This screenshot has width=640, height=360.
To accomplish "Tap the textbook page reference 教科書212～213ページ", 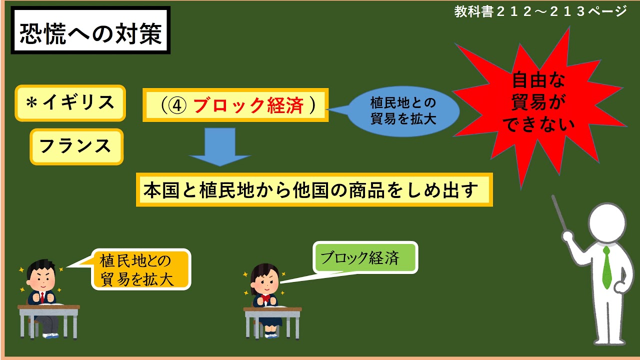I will (x=540, y=11).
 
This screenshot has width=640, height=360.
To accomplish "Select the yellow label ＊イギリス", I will (x=70, y=103).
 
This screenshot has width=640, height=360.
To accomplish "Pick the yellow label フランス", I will (x=76, y=146).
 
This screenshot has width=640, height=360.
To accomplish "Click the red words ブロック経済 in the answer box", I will (x=248, y=105).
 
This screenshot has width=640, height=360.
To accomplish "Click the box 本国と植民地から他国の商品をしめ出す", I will (x=314, y=189).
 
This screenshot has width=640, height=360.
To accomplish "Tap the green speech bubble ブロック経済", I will (x=365, y=258).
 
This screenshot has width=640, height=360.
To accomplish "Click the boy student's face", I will (x=40, y=279).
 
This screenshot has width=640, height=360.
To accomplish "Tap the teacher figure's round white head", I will (x=607, y=220).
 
